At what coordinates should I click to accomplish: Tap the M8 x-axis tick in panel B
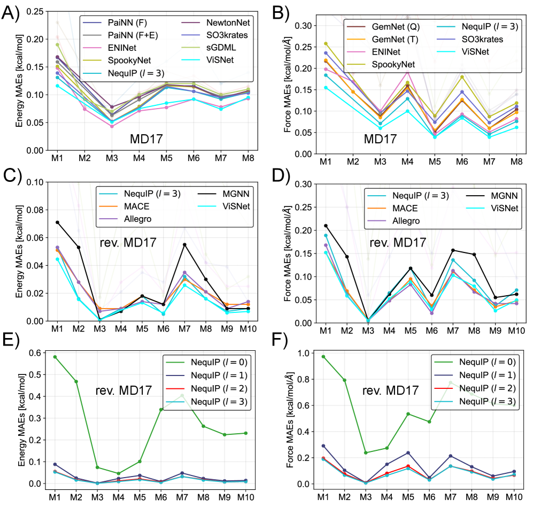516,161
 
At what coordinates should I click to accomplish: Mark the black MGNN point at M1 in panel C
57,222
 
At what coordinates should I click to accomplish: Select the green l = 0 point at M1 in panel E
55,357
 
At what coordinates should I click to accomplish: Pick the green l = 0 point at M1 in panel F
323,357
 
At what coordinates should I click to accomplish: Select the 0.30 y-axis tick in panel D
304,184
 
